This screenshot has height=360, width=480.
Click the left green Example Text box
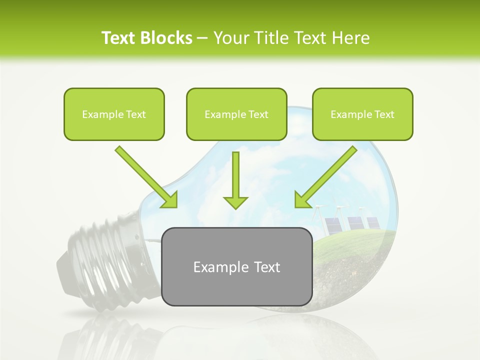coord(114,114)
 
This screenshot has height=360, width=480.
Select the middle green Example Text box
coord(236,114)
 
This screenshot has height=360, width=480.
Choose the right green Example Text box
coord(362,114)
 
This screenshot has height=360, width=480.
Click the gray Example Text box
coord(237,280)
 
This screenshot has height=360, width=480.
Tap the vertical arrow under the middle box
coord(235,180)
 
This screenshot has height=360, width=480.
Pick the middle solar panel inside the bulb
coord(355,223)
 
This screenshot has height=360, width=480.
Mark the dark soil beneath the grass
coord(345,280)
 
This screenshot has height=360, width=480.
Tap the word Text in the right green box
coord(384,114)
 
